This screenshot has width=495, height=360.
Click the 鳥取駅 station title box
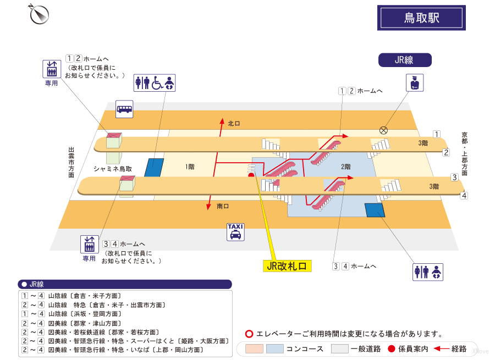coord(421,18)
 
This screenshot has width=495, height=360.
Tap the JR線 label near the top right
coord(404,60)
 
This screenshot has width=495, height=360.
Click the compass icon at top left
coord(39,14)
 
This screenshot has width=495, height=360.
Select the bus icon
coord(124,109)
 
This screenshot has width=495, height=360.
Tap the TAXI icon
coord(235,232)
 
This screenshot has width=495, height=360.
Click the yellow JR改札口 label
coord(287,266)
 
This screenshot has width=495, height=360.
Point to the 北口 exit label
coord(234,124)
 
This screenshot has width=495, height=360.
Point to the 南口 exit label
coord(223,206)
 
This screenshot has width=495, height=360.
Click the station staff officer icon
coord(415,83)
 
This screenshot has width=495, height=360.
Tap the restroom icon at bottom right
coord(428,272)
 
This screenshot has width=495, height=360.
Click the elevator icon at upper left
coord(52,69)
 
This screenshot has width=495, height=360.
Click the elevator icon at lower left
coord(89,243)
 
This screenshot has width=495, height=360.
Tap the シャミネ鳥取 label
coord(113,168)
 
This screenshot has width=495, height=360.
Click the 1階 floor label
coord(190,166)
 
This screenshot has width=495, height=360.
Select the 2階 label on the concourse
coord(345,167)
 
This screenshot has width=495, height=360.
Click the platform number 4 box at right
coord(464,196)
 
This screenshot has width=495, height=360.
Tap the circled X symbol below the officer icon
coord(383,130)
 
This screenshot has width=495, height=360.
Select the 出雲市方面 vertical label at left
coord(71,162)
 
